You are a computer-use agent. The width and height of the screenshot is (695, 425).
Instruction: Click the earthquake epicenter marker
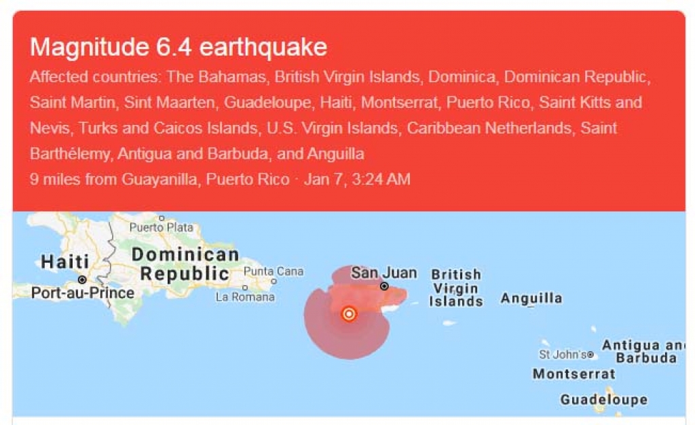point(349,314)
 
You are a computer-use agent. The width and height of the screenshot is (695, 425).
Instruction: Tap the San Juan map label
point(383,273)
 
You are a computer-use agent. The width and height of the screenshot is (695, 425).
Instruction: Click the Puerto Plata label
point(161,227)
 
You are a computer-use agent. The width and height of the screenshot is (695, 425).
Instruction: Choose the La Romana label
point(245,297)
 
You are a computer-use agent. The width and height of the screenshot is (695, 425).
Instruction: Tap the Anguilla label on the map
point(531,298)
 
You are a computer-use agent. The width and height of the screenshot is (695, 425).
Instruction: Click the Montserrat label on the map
point(574,373)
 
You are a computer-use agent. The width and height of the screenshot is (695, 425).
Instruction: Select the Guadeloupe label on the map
point(603,399)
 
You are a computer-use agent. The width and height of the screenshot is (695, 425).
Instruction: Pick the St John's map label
point(563,354)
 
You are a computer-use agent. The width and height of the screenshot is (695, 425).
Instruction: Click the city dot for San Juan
point(384,287)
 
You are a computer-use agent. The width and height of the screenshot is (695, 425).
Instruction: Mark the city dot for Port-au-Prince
point(82,280)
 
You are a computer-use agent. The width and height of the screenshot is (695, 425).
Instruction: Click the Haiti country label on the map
point(64,261)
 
